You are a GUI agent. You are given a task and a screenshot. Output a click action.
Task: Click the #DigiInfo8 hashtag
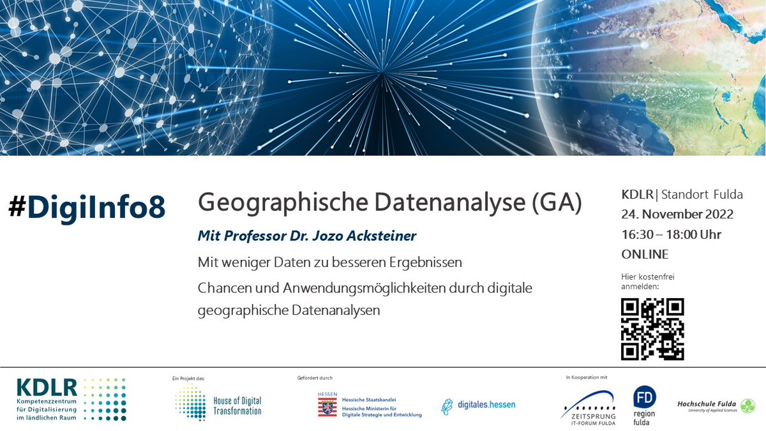pyautogui.click(x=87, y=208)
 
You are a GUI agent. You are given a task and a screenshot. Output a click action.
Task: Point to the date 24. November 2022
pyautogui.click(x=677, y=214)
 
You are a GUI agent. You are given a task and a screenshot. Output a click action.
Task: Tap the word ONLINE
pyautogui.click(x=645, y=254)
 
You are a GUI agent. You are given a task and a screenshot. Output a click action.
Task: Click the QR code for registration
pyautogui.click(x=652, y=329)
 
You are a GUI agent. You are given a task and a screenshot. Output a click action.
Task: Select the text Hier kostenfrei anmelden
pyautogui.click(x=647, y=281)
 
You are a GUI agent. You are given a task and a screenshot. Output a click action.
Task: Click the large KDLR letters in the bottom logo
pyautogui.click(x=47, y=387)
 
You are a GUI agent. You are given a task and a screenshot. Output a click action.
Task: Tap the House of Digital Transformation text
pyautogui.click(x=237, y=406)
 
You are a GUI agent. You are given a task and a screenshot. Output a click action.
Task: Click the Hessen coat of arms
pyautogui.click(x=327, y=405)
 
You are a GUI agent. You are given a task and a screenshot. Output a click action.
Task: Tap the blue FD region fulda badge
pyautogui.click(x=644, y=397)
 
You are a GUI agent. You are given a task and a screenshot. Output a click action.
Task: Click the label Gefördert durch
pyautogui.click(x=315, y=378)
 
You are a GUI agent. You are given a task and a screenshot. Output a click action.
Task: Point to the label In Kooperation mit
pyautogui.click(x=587, y=378)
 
